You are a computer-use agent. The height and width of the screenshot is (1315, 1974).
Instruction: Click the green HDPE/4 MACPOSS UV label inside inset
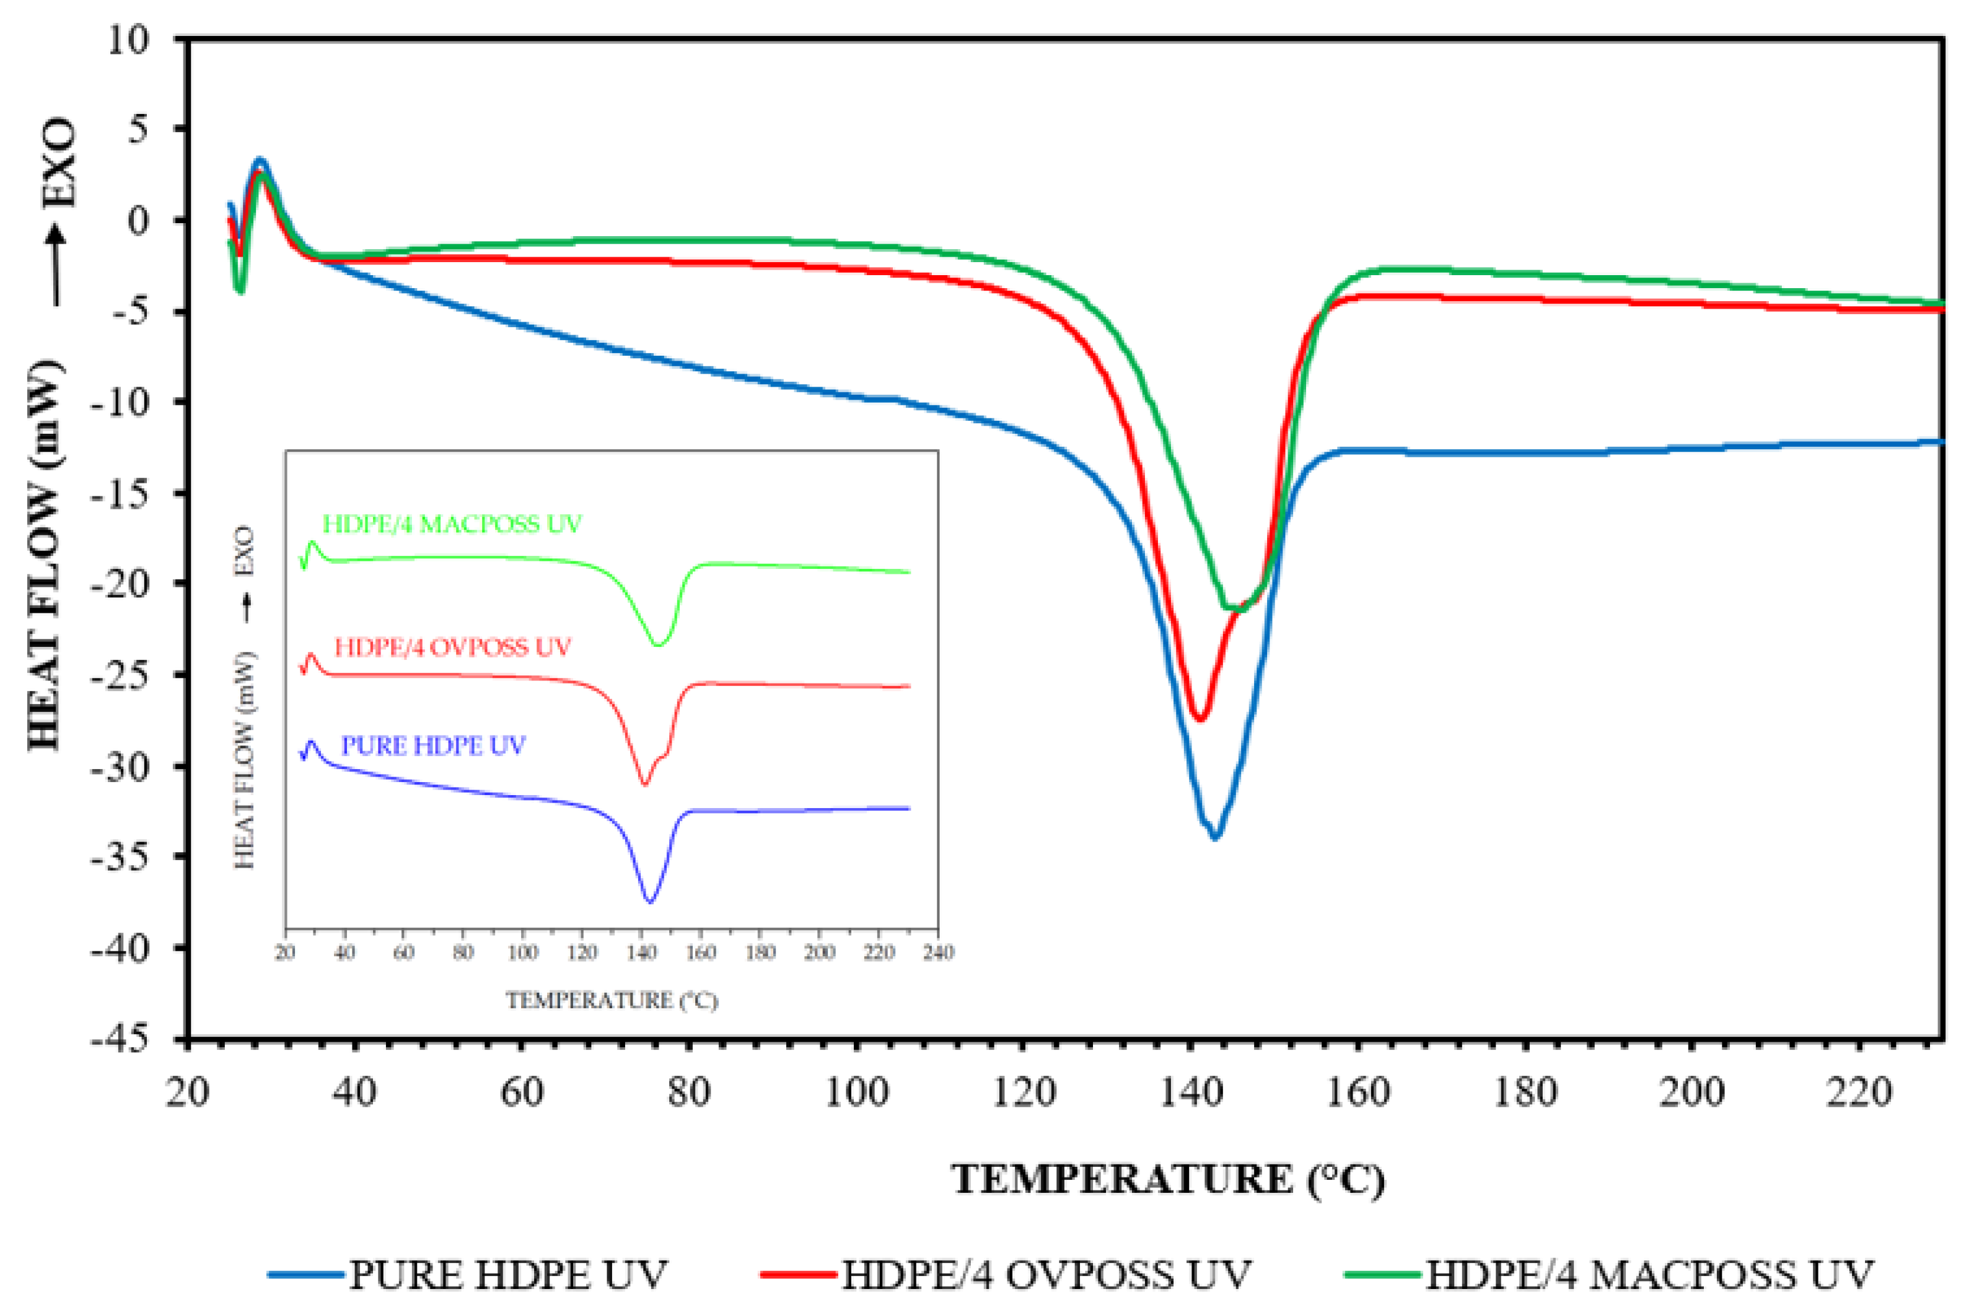[x=452, y=524]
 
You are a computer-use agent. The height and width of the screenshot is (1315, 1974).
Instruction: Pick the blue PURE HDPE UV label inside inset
[x=432, y=745]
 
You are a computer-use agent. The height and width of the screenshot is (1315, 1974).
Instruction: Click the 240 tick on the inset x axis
[x=937, y=952]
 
